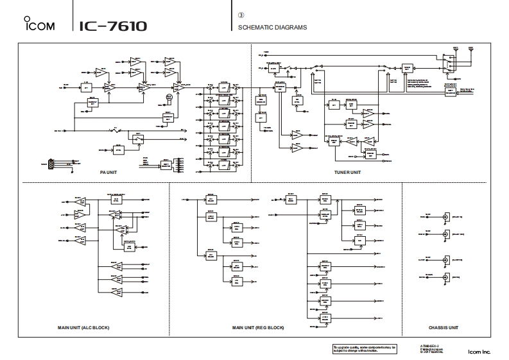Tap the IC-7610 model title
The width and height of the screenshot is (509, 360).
[x=113, y=26]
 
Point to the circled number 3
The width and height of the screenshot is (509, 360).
[x=241, y=14]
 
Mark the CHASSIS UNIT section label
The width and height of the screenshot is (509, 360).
[x=444, y=327]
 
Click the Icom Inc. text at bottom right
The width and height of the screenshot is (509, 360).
[x=479, y=352]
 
